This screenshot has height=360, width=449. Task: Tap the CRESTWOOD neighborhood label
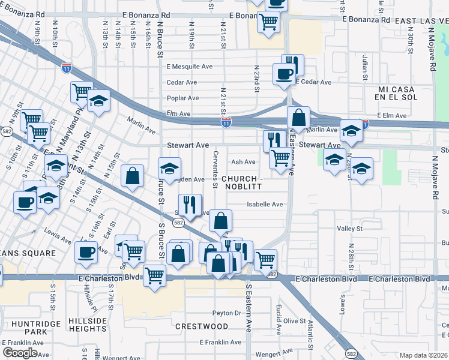click(x=202, y=326)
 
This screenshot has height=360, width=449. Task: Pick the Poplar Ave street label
click(x=182, y=98)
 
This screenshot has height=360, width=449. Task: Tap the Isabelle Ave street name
click(x=265, y=204)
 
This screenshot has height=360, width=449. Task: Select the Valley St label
click(x=350, y=229)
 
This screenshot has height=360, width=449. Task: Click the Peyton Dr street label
click(x=226, y=313)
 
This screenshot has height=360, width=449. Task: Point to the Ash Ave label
click(x=243, y=162)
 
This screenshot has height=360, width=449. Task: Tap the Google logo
click(x=20, y=353)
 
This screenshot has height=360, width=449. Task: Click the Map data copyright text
click(x=424, y=355)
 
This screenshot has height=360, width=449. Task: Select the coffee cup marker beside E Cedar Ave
click(x=283, y=74)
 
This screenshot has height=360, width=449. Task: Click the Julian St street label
click(x=365, y=67)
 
